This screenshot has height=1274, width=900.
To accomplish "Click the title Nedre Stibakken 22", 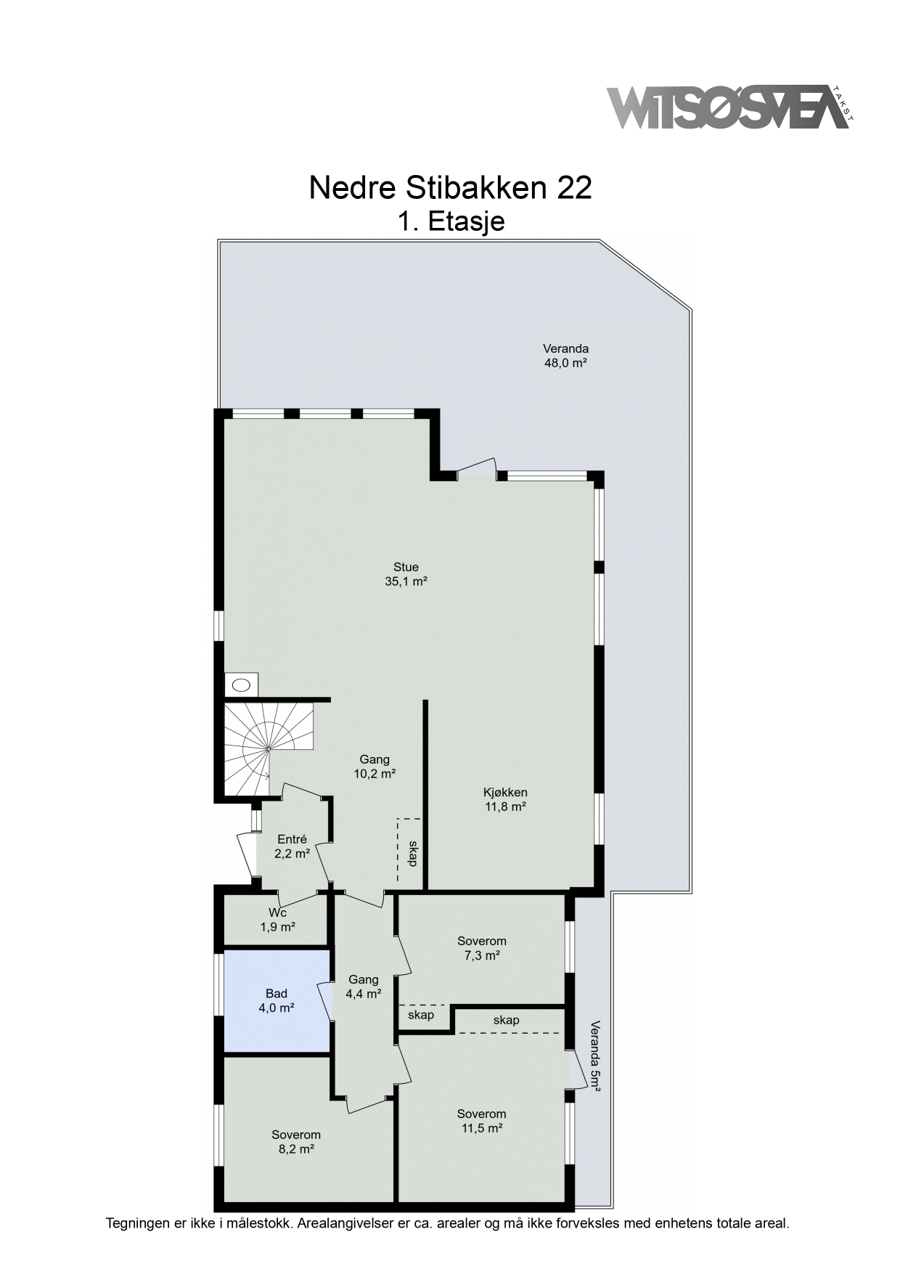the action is (x=450, y=187).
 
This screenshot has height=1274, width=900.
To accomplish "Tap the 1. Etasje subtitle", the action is (x=451, y=221).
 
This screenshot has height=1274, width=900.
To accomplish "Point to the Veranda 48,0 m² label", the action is (x=565, y=356).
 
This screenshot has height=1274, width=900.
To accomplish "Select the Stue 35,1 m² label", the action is (x=406, y=574).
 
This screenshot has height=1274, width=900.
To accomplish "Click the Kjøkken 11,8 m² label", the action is (x=505, y=799).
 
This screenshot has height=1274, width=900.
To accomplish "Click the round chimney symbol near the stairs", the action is (x=241, y=684).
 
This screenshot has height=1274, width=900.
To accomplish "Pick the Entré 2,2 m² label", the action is (x=292, y=846).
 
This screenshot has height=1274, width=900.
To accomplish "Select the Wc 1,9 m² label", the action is (x=277, y=920).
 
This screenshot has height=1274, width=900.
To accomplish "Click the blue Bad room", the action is (x=277, y=1000).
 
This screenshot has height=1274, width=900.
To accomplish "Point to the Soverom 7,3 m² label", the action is (x=482, y=948).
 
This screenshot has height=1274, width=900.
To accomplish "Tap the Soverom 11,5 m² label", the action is (x=482, y=1121).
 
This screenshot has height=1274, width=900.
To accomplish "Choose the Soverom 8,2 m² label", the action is (x=296, y=1142).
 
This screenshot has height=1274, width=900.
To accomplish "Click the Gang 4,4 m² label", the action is (x=364, y=987).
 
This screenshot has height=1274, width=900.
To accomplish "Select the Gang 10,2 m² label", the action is (x=375, y=767).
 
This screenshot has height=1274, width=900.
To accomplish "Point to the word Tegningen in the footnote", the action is (x=139, y=1223).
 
